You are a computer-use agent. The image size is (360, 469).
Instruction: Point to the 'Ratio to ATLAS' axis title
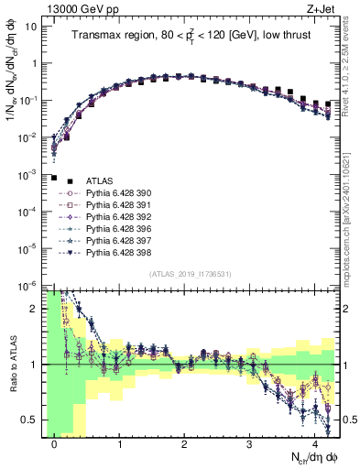pyautogui.click(x=12, y=365)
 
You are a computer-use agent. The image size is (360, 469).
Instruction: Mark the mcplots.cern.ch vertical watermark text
pyautogui.click(x=351, y=211)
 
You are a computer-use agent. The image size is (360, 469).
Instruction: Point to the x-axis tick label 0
pyautogui.click(x=55, y=444)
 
